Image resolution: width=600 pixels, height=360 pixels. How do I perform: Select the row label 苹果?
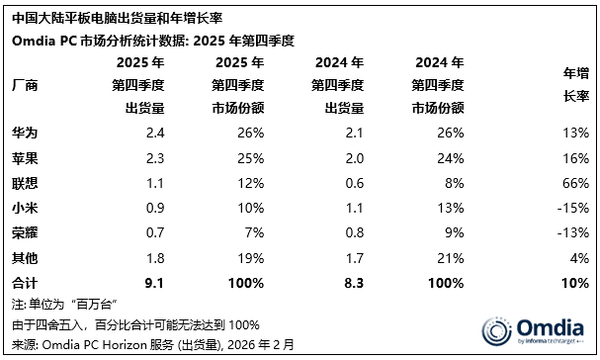point(26,158)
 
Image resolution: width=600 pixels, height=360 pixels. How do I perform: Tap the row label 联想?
point(26,183)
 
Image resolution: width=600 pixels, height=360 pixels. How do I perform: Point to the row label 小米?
point(26,208)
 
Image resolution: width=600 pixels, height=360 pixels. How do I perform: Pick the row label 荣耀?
point(26,232)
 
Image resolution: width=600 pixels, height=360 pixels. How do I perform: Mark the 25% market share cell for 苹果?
point(251,158)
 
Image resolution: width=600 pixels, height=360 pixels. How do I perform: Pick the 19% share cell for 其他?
point(251,258)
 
